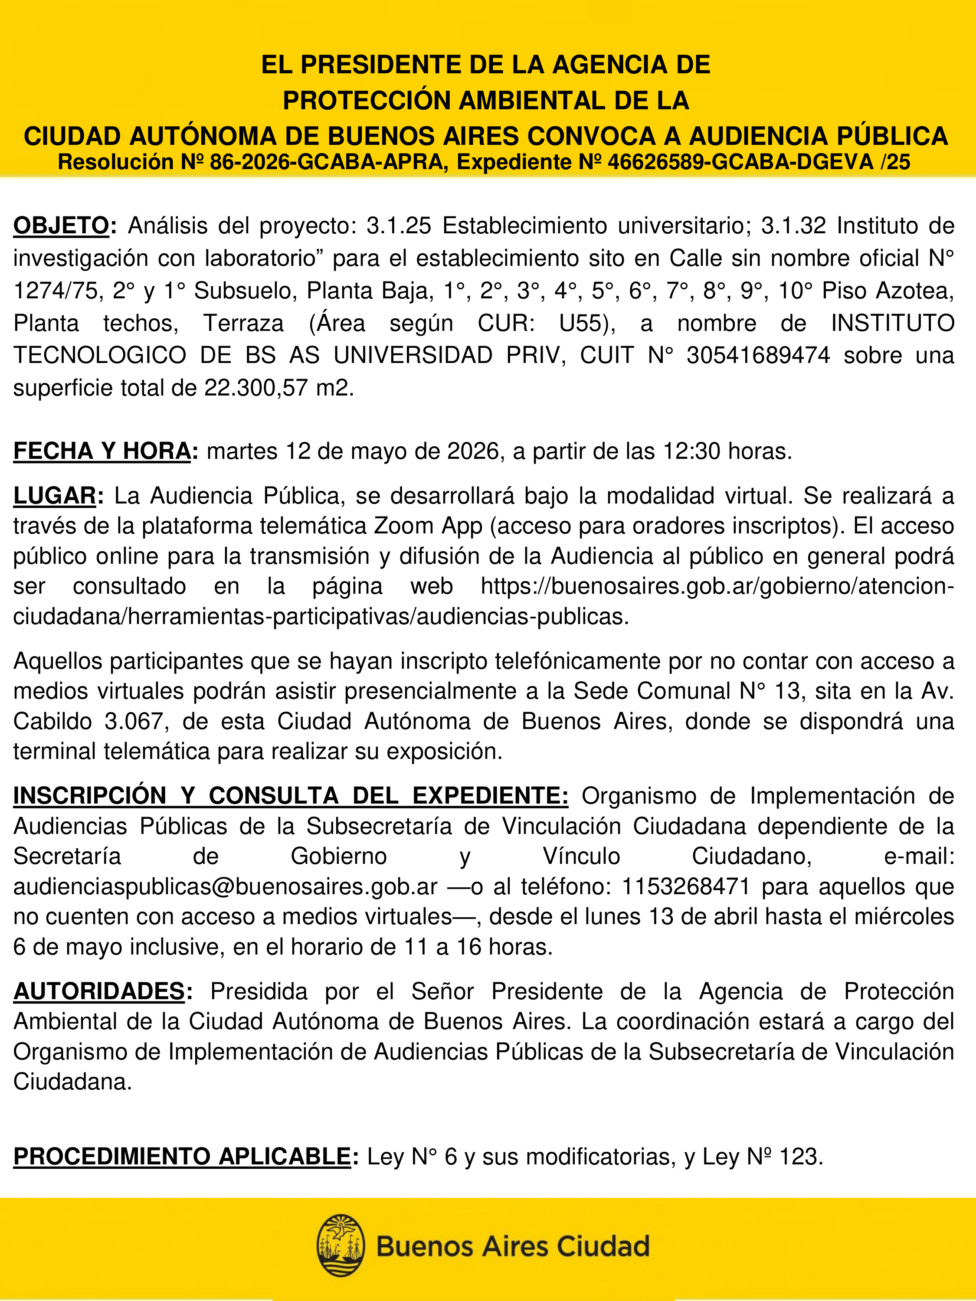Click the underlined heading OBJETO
pos(61,226)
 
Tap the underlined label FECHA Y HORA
pos(102,451)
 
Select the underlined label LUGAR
pos(55,496)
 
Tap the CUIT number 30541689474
pos(758,355)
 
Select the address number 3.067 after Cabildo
pos(137,721)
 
